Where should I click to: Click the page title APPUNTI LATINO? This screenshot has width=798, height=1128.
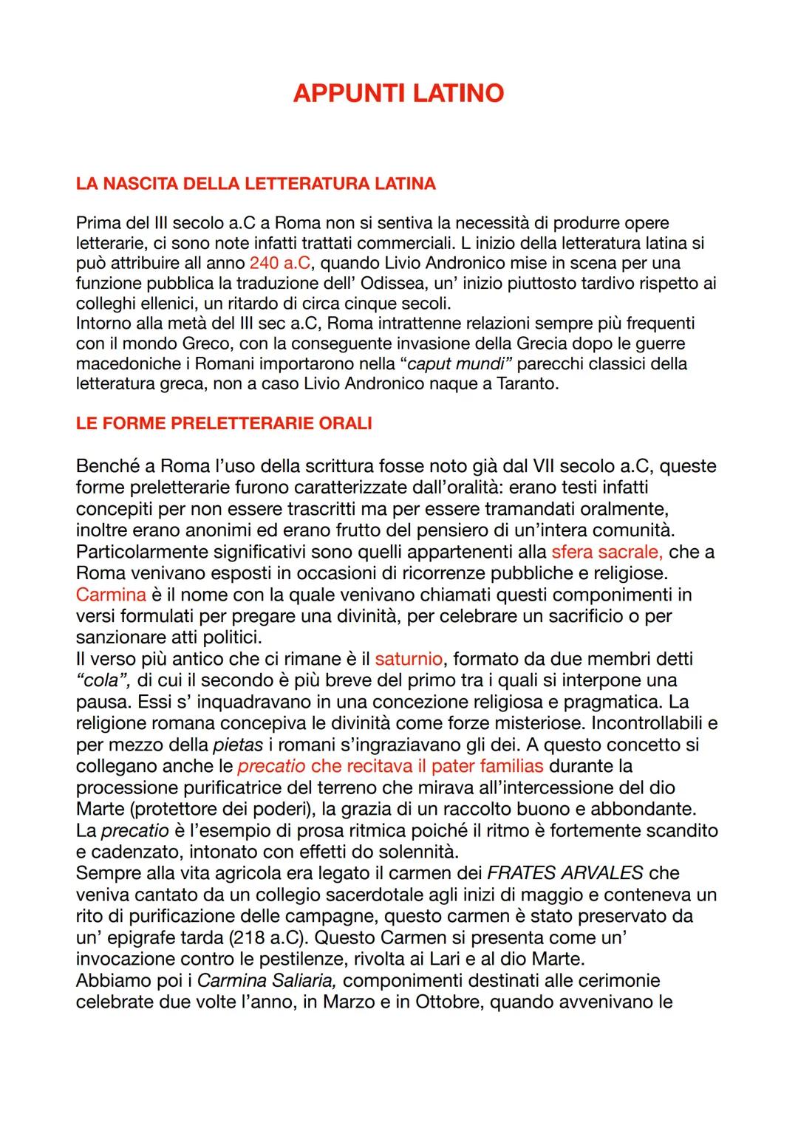point(398,93)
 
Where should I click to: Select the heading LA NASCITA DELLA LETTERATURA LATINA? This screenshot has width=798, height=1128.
point(256,183)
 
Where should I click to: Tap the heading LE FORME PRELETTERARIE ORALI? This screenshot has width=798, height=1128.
point(224,423)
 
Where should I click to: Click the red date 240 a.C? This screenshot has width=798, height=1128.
point(279,263)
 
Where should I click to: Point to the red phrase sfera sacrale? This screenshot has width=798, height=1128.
point(606,552)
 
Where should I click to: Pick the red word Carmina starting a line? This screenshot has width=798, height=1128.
point(111,595)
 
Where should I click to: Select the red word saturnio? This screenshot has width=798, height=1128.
point(409,658)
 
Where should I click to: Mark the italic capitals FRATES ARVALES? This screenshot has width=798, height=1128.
point(565,873)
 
